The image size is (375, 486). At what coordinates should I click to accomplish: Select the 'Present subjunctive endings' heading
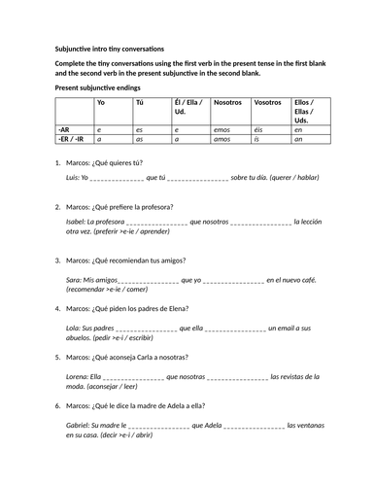pyautogui.click(x=91, y=87)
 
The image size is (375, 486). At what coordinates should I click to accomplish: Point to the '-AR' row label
pyautogui.click(x=64, y=128)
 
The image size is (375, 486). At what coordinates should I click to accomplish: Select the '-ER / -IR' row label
pyautogui.click(x=72, y=138)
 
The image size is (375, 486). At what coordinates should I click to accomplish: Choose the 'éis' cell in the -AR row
pyautogui.click(x=257, y=128)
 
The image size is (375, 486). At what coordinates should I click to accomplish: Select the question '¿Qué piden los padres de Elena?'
pyautogui.click(x=146, y=310)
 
